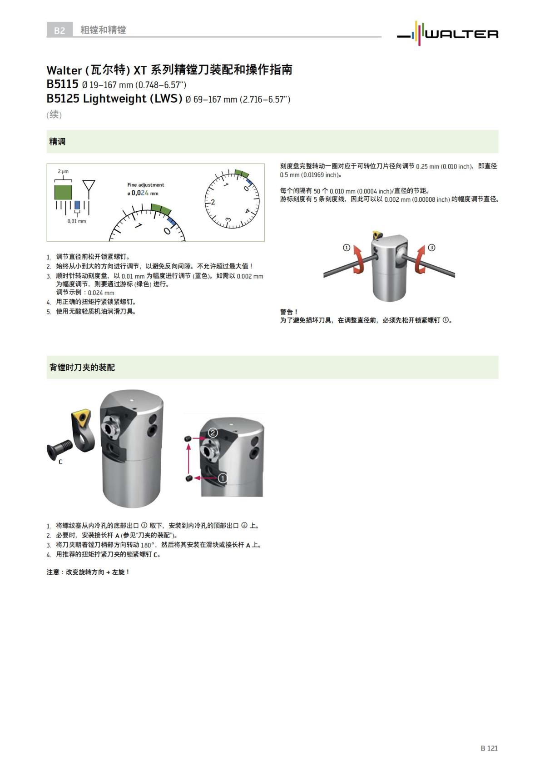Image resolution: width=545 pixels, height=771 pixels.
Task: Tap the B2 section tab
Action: click(59, 30)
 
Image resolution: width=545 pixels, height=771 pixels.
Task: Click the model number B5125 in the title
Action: click(63, 99)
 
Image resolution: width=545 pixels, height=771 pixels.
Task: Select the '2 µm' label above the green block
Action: click(63, 171)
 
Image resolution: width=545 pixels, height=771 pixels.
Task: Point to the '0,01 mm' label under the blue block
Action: click(76, 221)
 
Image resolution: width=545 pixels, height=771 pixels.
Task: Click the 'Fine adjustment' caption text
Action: click(145, 185)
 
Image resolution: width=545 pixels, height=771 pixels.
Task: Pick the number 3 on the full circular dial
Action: click(228, 220)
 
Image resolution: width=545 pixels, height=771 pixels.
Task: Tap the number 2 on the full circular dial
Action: click(213, 202)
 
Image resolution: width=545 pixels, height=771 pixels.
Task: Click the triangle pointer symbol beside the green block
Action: click(89, 186)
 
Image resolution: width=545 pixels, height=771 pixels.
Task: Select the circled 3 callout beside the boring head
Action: click(431, 248)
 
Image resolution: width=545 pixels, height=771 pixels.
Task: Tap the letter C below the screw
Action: click(60, 462)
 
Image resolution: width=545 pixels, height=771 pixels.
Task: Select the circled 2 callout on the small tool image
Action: click(213, 433)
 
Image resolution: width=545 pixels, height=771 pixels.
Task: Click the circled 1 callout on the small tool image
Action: click(223, 478)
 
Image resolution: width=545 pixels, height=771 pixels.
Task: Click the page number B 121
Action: click(489, 748)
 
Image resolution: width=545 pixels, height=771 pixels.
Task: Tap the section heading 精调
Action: click(57, 142)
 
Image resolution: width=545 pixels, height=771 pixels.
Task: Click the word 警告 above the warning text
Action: click(288, 312)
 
